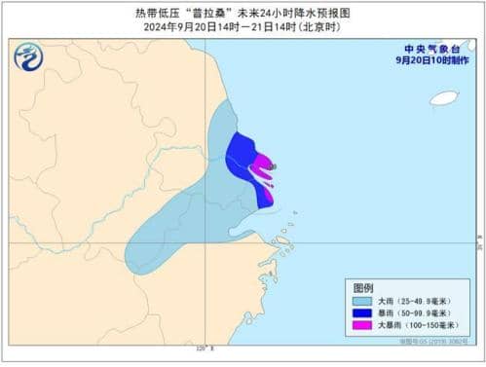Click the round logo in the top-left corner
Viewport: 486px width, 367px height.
27,57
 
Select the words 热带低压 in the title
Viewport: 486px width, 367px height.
154,14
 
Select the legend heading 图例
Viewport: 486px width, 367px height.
363,289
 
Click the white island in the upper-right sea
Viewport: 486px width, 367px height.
444,97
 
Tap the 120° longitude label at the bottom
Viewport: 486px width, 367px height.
203,348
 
